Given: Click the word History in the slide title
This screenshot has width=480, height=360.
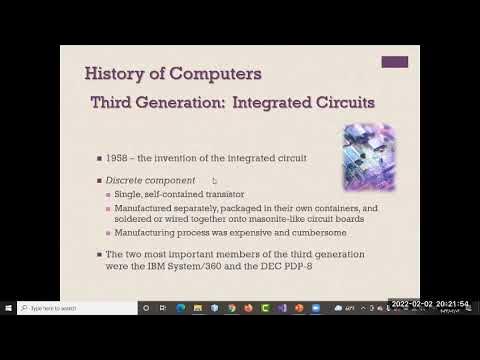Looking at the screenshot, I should tap(113, 74).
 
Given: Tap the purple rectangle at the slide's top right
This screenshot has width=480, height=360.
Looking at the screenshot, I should tap(394, 62).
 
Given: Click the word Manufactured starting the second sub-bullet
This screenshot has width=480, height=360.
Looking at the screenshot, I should tap(164, 208).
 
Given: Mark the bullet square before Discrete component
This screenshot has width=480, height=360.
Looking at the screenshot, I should tap(114, 180).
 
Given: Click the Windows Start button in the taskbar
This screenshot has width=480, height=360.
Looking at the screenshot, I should tap(8, 308).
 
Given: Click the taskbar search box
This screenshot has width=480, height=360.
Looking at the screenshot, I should tap(75, 308).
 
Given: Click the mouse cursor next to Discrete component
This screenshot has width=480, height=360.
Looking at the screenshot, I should tap(214, 181).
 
